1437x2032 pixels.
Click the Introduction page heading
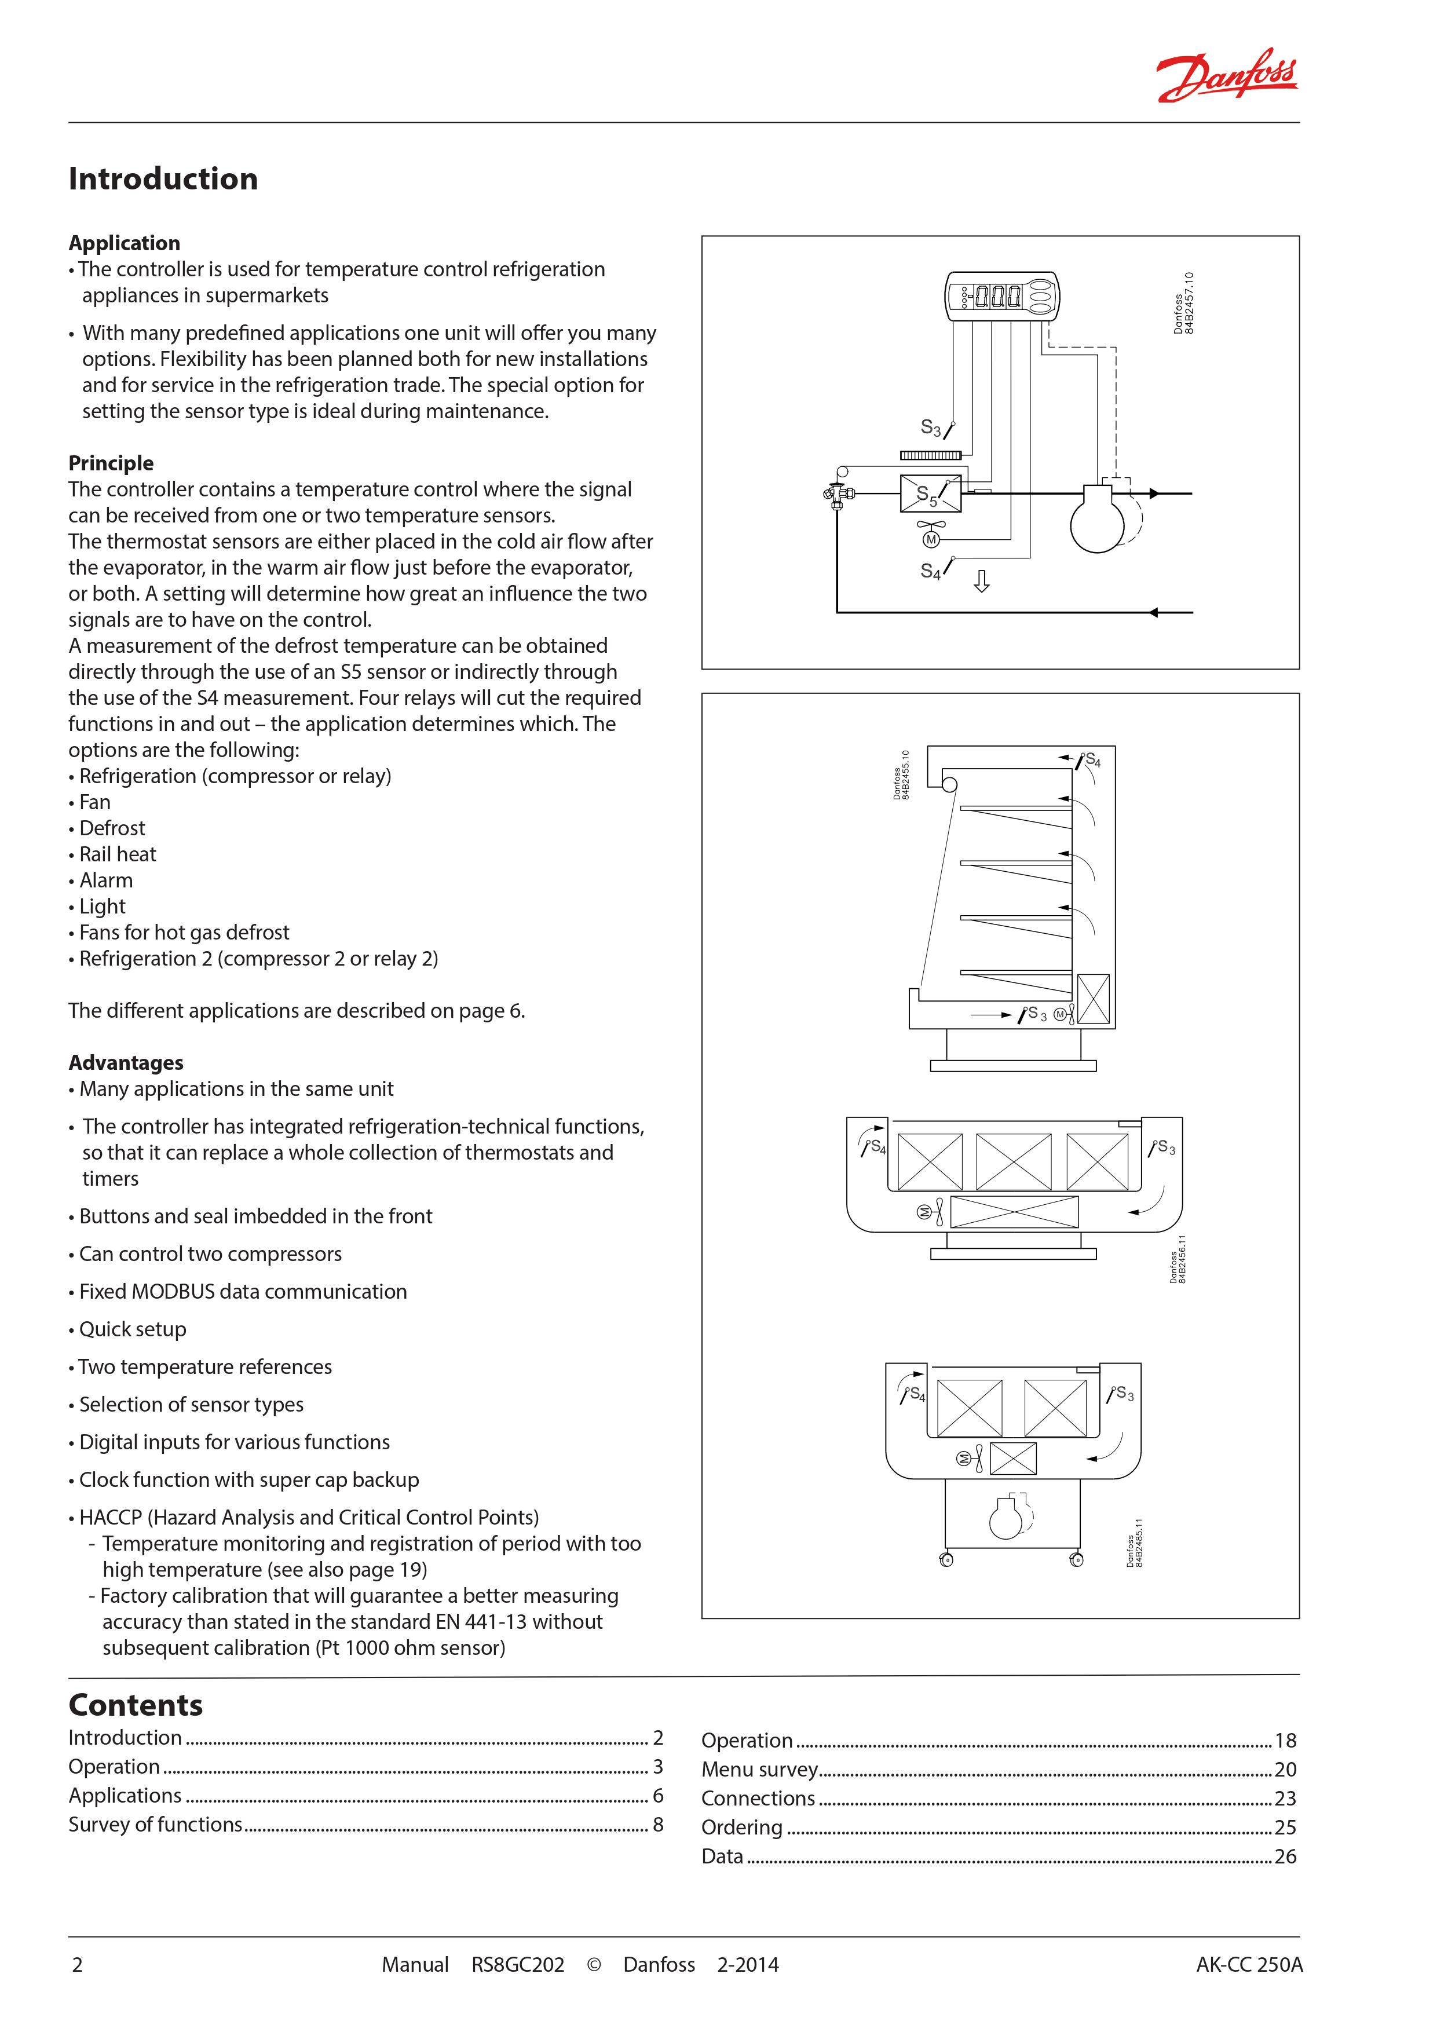[163, 179]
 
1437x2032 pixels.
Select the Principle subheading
[111, 463]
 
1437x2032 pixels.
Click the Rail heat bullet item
[117, 854]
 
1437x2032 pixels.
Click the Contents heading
[136, 1705]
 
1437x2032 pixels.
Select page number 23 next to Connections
[1285, 1799]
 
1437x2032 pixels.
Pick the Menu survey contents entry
[759, 1769]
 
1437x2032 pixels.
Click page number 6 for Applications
[657, 1796]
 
